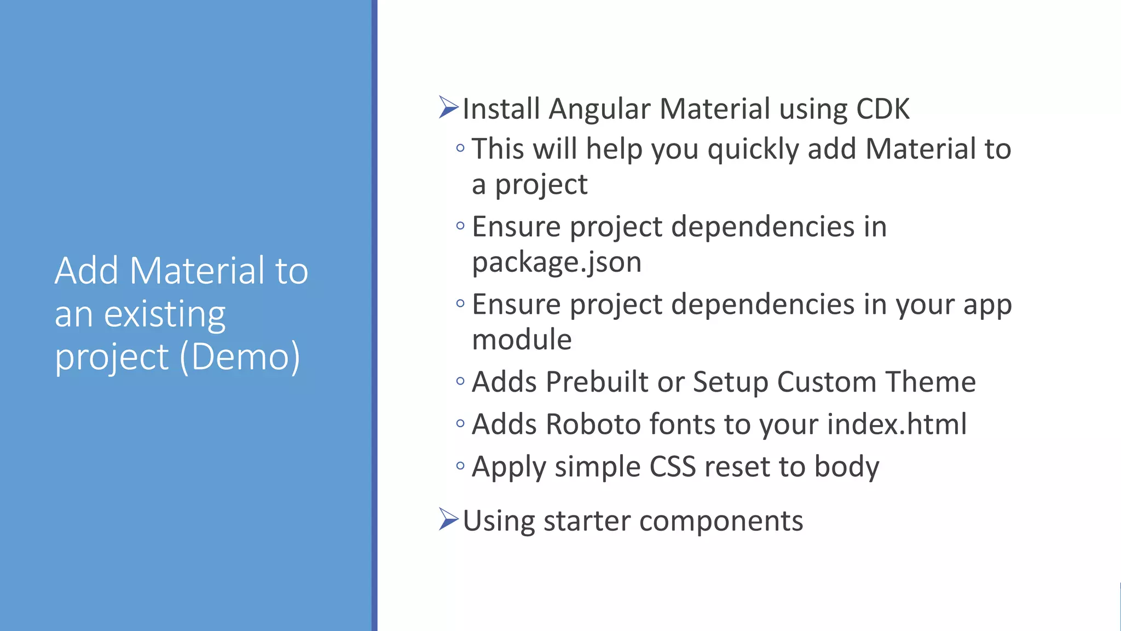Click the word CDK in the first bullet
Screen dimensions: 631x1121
tap(882, 108)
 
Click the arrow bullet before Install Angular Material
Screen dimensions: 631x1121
tap(448, 107)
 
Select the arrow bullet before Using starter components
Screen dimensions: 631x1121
tap(448, 519)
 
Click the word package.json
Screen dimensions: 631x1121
tap(556, 262)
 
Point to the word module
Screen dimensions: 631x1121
tap(522, 340)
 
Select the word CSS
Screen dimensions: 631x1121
tap(673, 467)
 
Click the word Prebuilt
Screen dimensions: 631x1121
tap(597, 382)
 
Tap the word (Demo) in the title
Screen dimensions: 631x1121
tap(240, 357)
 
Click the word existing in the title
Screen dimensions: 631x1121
tap(164, 314)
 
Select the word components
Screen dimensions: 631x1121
tap(721, 521)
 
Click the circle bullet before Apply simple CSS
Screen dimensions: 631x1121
tap(460, 466)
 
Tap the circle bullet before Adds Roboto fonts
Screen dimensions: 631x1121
tap(460, 423)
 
